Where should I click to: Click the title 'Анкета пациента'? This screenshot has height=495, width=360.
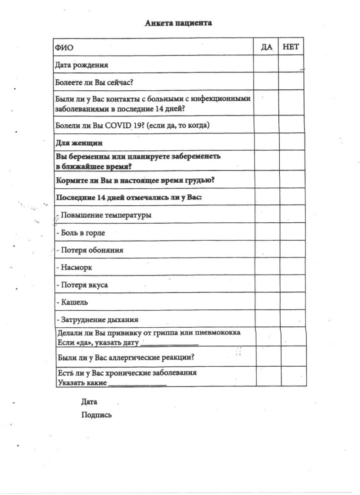tap(178, 23)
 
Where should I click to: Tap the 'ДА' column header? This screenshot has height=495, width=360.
tap(266, 47)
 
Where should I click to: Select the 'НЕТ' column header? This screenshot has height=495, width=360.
tap(291, 47)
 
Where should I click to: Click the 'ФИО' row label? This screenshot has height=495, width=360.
tap(64, 48)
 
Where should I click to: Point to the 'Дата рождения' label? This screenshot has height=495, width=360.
tap(82, 65)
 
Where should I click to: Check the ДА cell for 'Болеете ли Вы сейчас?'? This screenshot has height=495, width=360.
tap(266, 82)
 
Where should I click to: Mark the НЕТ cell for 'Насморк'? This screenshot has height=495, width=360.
tap(293, 267)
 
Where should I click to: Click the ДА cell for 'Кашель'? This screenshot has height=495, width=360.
tap(267, 302)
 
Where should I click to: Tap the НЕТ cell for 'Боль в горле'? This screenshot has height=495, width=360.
tap(292, 232)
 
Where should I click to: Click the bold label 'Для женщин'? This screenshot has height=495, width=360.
tap(78, 142)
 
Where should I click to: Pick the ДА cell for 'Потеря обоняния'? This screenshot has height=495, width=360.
tap(267, 249)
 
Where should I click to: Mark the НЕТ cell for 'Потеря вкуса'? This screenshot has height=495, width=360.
tap(293, 284)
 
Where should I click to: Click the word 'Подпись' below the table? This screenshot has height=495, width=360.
tap(96, 415)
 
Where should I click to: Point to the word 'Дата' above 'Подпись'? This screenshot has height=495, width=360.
tap(89, 402)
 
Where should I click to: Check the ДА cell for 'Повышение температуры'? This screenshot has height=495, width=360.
tap(267, 214)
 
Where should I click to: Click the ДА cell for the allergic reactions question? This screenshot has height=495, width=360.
tap(268, 356)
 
